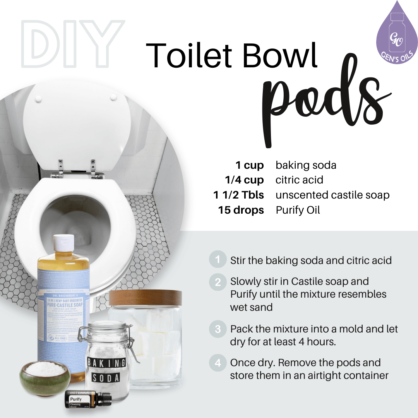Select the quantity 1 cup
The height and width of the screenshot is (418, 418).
(x=250, y=166)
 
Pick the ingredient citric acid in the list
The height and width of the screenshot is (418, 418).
(x=299, y=180)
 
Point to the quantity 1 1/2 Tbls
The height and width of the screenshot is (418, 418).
(x=238, y=195)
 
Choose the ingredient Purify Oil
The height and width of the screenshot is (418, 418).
(x=298, y=210)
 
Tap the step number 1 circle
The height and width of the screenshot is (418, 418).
(x=218, y=260)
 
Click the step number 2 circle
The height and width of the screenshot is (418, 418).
(x=218, y=282)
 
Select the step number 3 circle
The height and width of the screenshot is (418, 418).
(x=218, y=329)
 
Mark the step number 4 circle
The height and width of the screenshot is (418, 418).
(x=218, y=363)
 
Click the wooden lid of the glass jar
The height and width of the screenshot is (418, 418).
(x=145, y=297)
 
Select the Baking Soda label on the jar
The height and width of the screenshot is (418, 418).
(x=106, y=369)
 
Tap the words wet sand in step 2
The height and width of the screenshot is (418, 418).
(x=251, y=307)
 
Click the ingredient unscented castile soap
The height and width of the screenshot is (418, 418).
(x=332, y=195)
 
